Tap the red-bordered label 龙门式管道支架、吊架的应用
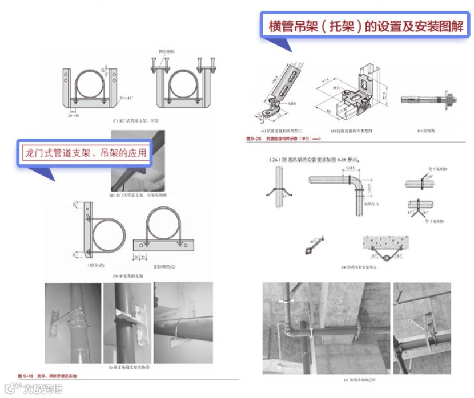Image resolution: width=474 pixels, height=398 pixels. tap(85, 153)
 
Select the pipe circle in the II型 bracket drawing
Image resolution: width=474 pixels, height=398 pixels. tap(164, 224)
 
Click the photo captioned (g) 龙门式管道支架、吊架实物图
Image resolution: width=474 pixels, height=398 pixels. tap(139, 163)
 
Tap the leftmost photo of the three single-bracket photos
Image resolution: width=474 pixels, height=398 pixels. tap(73, 323)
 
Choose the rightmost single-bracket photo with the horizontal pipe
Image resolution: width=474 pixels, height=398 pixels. tap(182, 323)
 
